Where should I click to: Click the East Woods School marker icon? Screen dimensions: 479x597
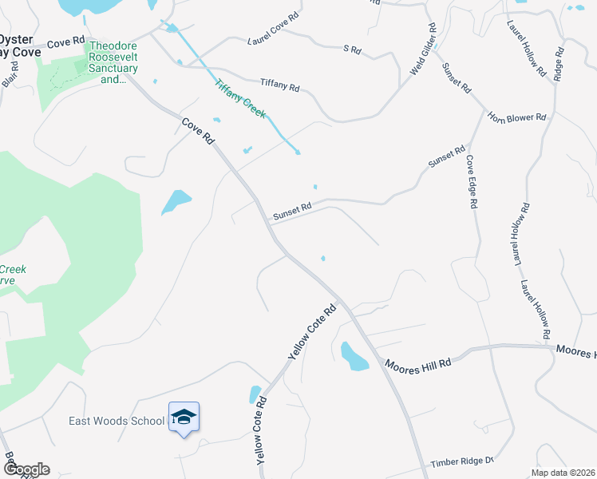pos(184,418)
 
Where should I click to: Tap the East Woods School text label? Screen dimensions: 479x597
pos(117,421)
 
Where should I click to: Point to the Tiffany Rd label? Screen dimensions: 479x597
pos(279,84)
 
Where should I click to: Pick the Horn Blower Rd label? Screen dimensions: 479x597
pos(519,117)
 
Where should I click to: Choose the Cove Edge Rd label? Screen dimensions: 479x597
pos(472,182)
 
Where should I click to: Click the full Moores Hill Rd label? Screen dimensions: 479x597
pos(417,363)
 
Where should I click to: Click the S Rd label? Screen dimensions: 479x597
pos(352,49)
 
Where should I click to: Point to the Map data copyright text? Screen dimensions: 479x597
pos(563,473)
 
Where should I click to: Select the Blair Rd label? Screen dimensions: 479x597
pos(10,77)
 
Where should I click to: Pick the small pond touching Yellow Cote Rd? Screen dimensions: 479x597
pos(255,394)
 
